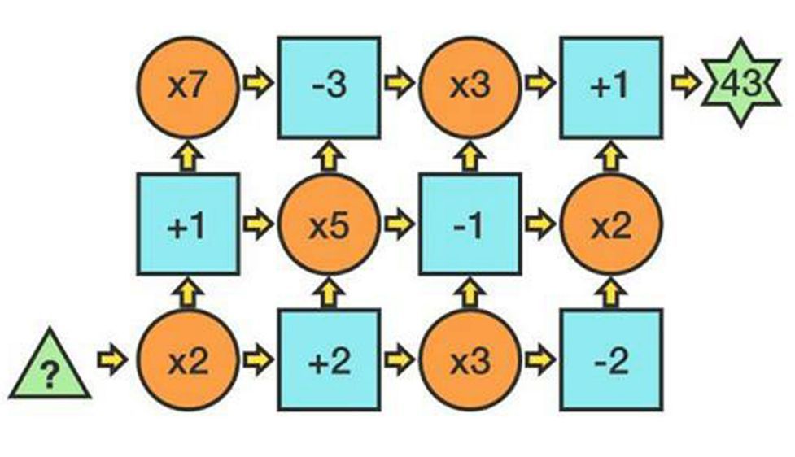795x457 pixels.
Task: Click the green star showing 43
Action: click(x=741, y=85)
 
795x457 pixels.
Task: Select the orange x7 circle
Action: click(x=187, y=85)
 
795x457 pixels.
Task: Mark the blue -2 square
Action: click(x=611, y=359)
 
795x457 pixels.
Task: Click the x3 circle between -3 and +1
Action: click(x=470, y=85)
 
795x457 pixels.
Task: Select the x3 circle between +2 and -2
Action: click(x=470, y=359)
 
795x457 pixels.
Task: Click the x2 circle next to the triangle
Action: click(x=187, y=359)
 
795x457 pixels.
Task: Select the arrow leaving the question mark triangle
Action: click(x=111, y=358)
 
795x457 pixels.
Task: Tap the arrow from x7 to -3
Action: click(x=257, y=85)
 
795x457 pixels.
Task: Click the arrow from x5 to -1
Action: click(x=399, y=223)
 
